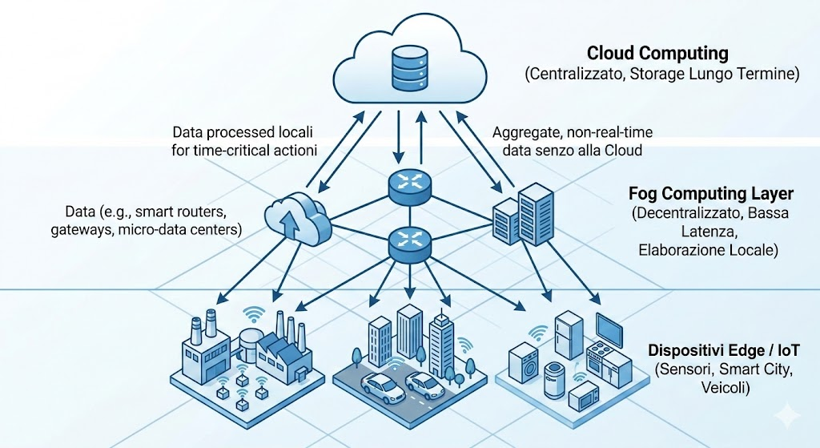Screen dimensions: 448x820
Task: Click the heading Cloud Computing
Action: click(x=657, y=54)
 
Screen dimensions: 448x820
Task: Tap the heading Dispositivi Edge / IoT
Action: click(x=723, y=351)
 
